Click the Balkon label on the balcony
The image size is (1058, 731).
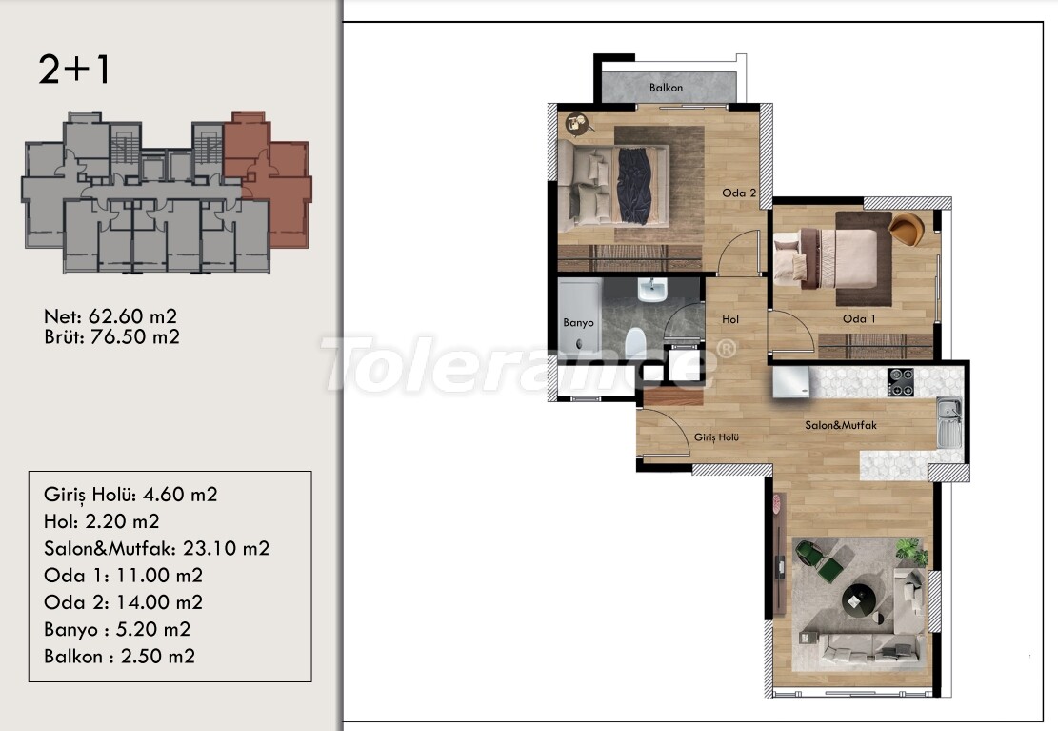[666, 88]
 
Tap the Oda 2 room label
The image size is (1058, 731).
[739, 193]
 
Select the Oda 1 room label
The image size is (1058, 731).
[859, 319]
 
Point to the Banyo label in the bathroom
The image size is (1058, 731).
[578, 323]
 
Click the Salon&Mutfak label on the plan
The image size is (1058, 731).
[841, 425]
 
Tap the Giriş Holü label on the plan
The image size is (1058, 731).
[716, 437]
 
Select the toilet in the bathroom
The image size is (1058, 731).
[635, 342]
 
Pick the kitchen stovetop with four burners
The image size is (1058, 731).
[900, 382]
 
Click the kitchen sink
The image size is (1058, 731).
[949, 422]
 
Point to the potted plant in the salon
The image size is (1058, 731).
[911, 550]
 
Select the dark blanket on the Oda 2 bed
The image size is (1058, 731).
[635, 185]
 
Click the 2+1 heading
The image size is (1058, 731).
[73, 70]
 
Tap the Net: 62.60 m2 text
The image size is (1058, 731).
[110, 316]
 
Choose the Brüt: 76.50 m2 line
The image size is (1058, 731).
[112, 336]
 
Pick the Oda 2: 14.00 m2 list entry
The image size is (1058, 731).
[123, 602]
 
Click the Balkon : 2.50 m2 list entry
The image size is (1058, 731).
[119, 656]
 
